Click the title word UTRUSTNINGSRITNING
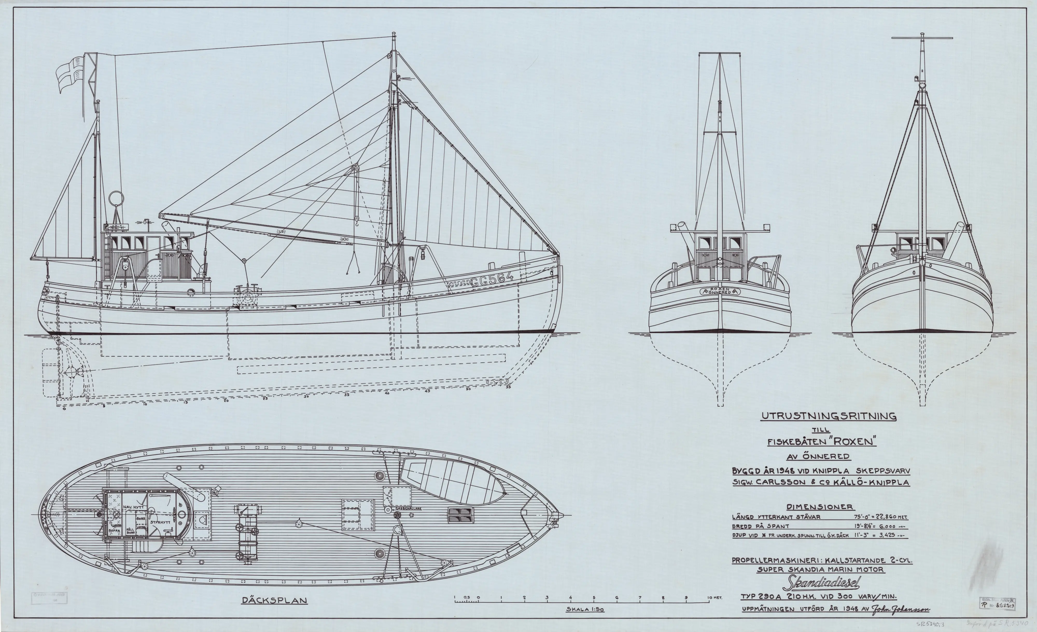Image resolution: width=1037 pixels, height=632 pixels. point(828,416)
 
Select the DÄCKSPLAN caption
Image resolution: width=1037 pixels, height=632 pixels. point(274,600)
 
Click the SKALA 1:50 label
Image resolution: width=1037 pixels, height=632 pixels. point(585,609)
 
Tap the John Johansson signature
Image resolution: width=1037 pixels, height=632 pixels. point(901,609)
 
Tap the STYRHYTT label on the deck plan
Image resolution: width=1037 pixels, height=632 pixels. point(162,522)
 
